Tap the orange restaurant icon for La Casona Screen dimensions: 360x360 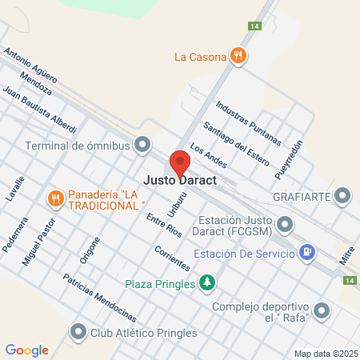[x=238, y=56]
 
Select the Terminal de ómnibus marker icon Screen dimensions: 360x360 [x=143, y=146]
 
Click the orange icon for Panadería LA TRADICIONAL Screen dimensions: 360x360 [x=55, y=198]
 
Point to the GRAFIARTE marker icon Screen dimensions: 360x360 [x=343, y=196]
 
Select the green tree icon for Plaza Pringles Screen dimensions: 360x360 [x=207, y=282]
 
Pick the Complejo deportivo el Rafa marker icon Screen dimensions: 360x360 [x=322, y=310]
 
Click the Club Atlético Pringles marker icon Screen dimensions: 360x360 [x=78, y=330]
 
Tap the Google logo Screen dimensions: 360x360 [x=26, y=350]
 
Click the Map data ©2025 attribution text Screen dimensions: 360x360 [x=324, y=353]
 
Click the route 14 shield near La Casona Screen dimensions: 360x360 [x=254, y=26]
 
